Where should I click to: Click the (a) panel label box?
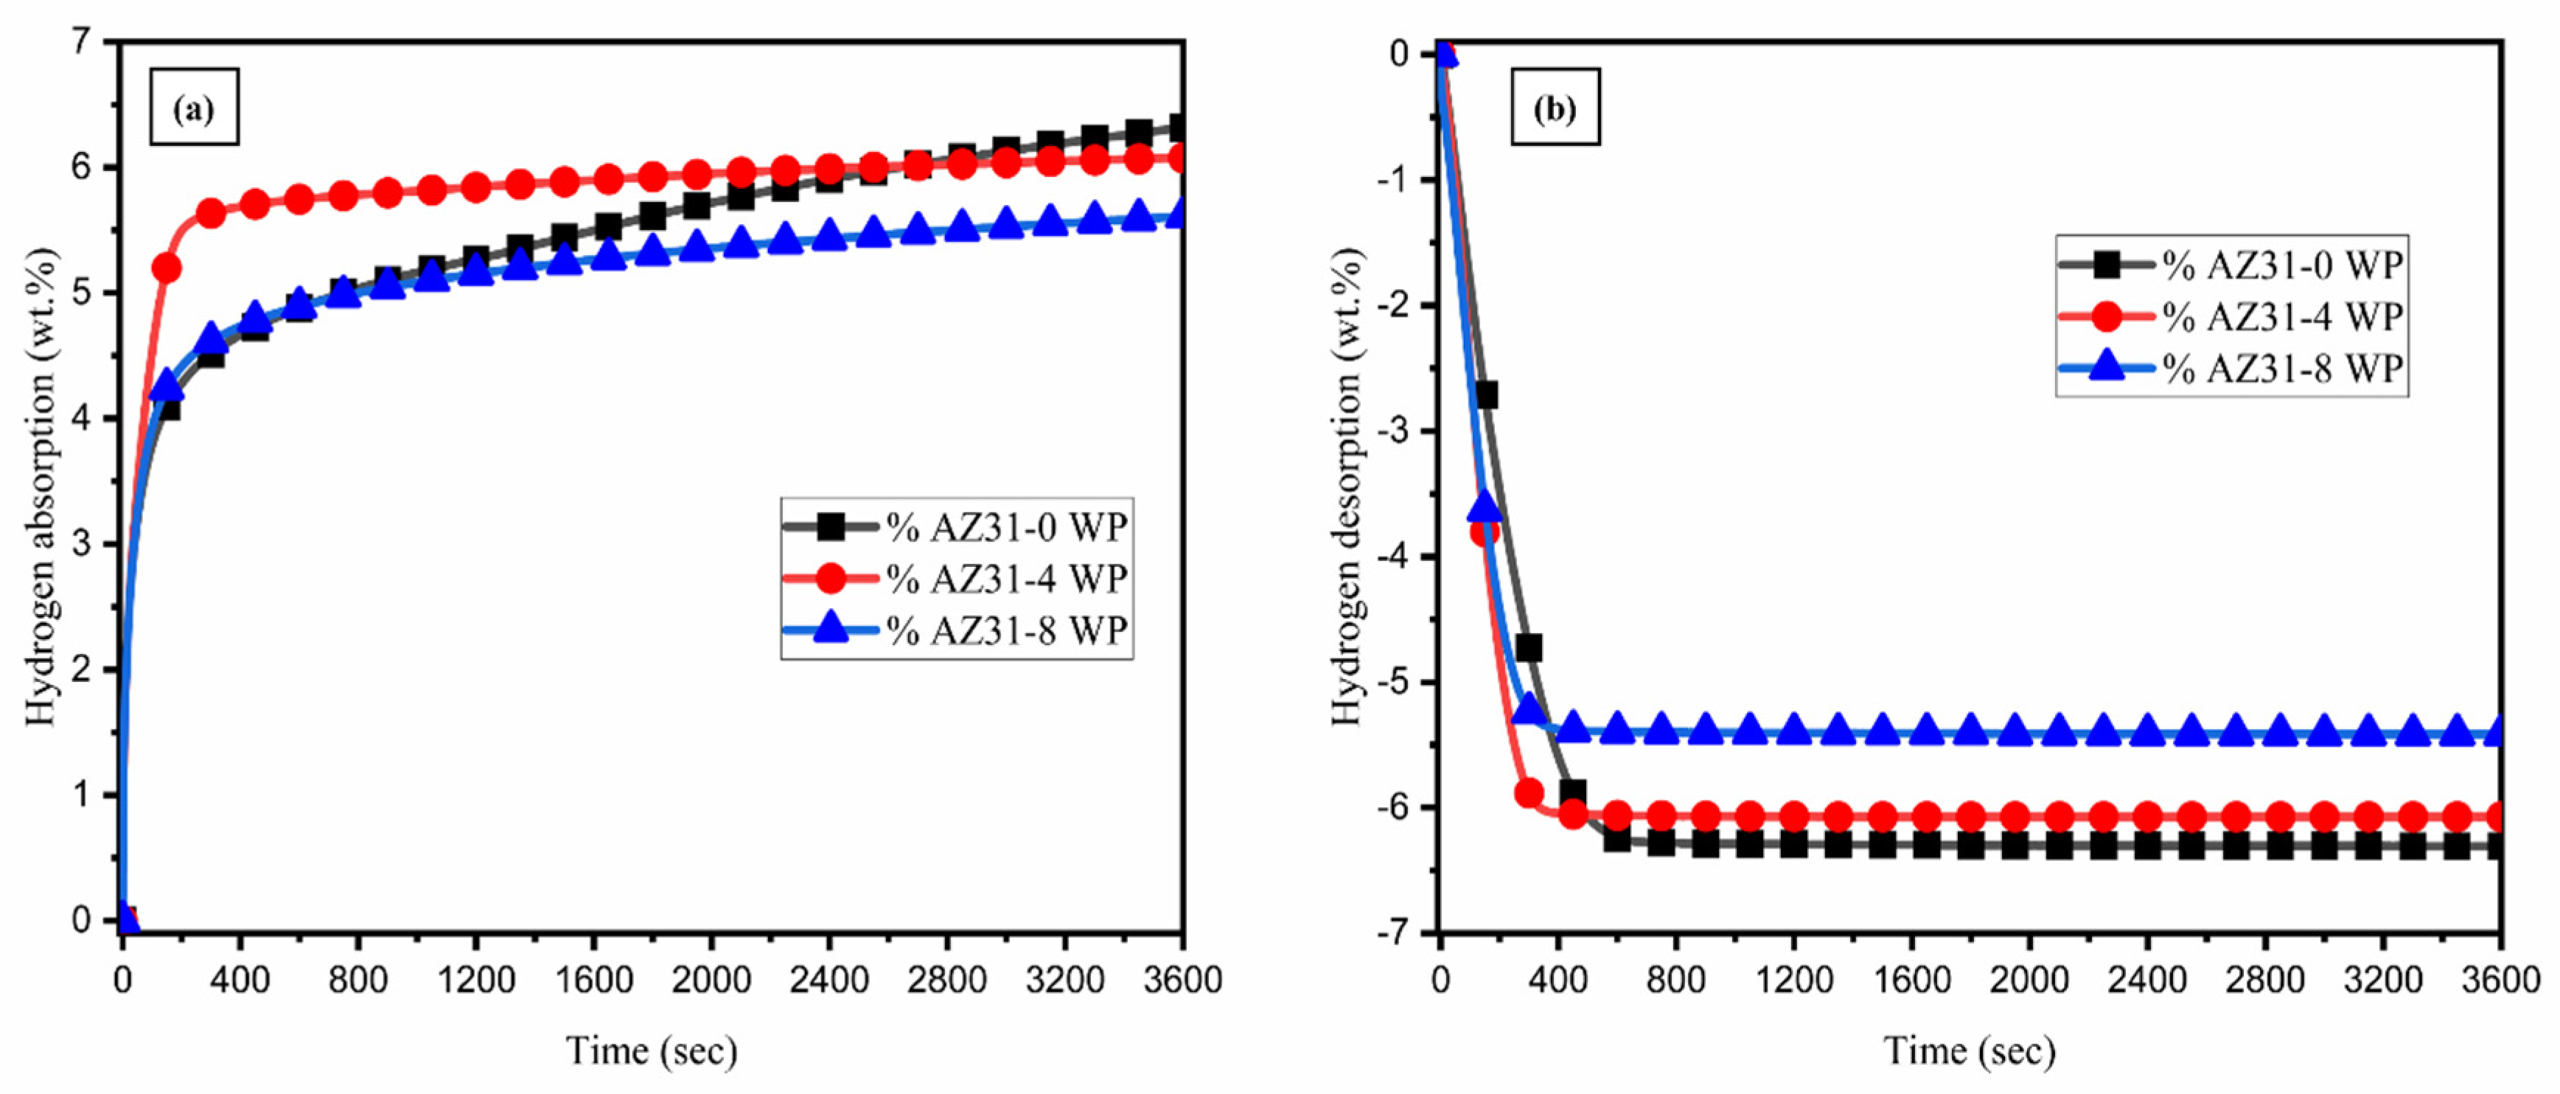(194, 108)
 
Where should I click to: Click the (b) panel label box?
(1555, 108)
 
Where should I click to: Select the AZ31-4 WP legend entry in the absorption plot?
(956, 578)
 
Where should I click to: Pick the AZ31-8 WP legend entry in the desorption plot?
(2232, 369)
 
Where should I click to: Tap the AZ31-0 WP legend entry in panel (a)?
(956, 526)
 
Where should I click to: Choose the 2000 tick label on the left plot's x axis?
(711, 980)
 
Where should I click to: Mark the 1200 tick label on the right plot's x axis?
(1794, 980)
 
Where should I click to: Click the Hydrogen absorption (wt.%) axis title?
(42, 487)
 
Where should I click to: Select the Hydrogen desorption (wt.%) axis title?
(1347, 487)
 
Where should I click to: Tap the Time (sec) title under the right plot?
(1970, 1051)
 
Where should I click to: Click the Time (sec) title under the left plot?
(652, 1051)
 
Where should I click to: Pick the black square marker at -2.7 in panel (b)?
(1486, 394)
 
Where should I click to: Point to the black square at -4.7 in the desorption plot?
(1529, 648)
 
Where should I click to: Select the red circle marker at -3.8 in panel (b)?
(1484, 532)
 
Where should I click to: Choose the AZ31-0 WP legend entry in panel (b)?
(2232, 265)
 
